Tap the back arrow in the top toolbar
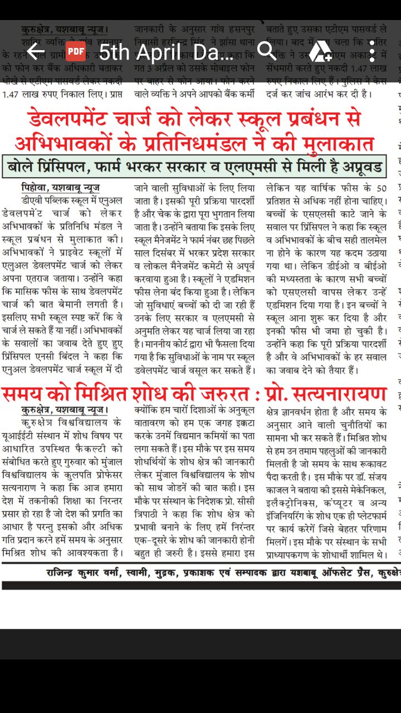35,52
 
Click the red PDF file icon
76,52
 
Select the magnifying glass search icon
267,52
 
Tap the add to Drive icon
320,52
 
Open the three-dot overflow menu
371,52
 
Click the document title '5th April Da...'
166,52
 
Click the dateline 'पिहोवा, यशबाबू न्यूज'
60,188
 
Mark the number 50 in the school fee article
381,188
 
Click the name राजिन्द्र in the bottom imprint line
66,572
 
